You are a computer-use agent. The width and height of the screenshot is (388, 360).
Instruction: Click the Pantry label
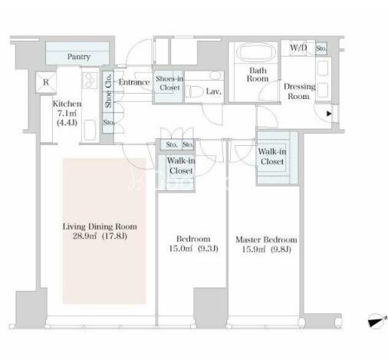[x=79, y=57]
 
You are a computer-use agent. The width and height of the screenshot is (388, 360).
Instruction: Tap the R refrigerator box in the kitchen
[x=46, y=82]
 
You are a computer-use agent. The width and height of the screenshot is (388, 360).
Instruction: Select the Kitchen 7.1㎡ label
[x=67, y=108]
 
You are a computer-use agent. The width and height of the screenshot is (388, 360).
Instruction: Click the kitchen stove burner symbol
[x=90, y=80]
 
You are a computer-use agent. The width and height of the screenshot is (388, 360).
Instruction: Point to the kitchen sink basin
[x=90, y=130]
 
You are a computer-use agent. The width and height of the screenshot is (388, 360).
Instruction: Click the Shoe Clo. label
[x=108, y=91]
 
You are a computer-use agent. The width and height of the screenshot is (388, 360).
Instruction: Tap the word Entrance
[x=134, y=82]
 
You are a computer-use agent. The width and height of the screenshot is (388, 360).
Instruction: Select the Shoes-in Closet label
[x=169, y=83]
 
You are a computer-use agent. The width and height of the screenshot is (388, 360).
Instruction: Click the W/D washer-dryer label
[x=298, y=48]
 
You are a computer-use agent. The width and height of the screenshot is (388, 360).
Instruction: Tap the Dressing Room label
[x=299, y=91]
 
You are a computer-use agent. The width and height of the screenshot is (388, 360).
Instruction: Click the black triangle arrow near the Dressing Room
[x=329, y=114]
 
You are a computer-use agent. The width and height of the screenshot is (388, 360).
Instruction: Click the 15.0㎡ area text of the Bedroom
[x=180, y=249]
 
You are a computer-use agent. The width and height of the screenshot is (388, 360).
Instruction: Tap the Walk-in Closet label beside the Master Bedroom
[x=272, y=157]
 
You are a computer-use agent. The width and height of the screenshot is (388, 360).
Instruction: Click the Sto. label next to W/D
[x=321, y=48]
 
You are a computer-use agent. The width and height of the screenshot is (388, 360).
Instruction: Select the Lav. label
[x=214, y=91]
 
